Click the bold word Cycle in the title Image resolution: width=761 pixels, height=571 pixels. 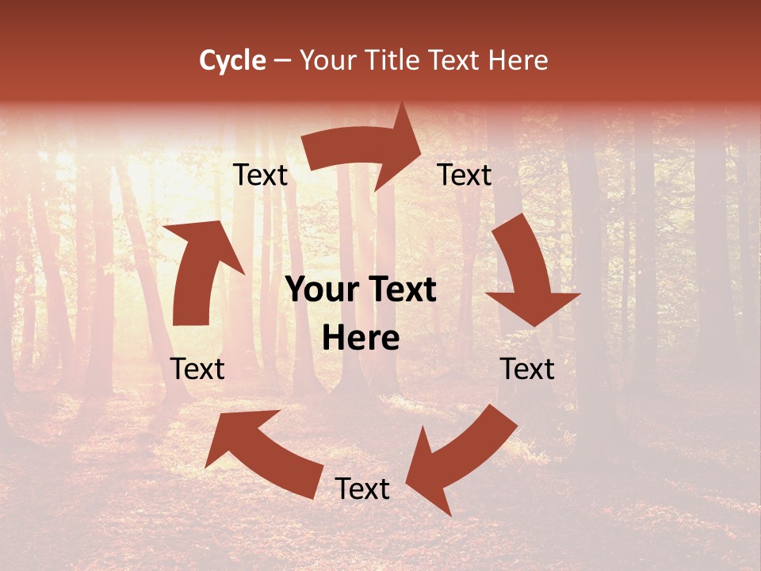pyautogui.click(x=232, y=60)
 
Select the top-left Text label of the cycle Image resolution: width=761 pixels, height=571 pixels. pyautogui.click(x=260, y=175)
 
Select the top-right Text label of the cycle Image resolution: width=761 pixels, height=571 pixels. pyautogui.click(x=465, y=175)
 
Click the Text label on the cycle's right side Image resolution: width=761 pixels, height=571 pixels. pyautogui.click(x=527, y=370)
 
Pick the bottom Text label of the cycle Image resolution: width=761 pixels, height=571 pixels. pyautogui.click(x=362, y=489)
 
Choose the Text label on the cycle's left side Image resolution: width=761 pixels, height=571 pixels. pyautogui.click(x=197, y=370)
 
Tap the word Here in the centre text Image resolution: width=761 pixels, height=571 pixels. pyautogui.click(x=361, y=339)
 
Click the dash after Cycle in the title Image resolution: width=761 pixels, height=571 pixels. pyautogui.click(x=282, y=60)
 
